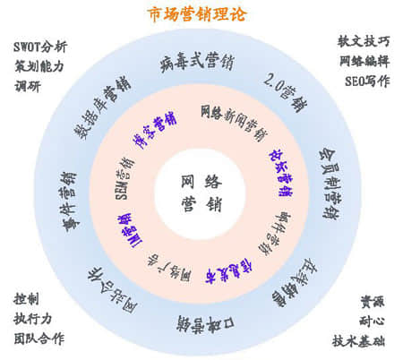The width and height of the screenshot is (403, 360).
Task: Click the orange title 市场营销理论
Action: point(198,14)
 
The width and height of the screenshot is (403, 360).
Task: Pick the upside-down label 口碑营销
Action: point(201,321)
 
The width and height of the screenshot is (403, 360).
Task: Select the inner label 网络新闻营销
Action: point(234,119)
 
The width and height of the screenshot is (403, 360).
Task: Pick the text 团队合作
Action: point(39,339)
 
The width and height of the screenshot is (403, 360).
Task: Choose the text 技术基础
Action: point(362,341)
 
